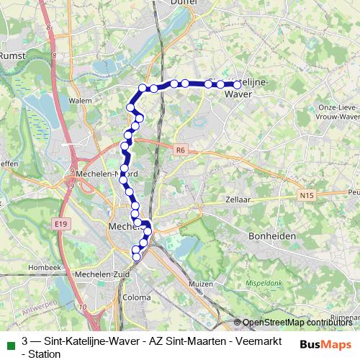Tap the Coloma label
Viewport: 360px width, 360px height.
[136, 297]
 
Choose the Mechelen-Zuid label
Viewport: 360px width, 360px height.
[96, 274]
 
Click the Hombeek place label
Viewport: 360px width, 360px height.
[45, 267]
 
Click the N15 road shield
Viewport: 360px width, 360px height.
[307, 194]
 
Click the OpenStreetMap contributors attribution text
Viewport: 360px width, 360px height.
[299, 323]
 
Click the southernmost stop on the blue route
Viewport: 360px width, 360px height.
[136, 257]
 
